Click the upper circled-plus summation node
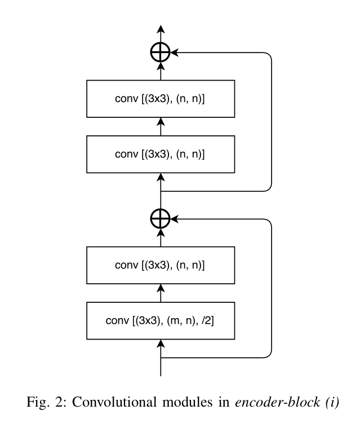tap(161, 53)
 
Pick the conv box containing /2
tap(161, 321)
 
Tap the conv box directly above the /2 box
tap(161, 265)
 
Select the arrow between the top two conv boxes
tap(161, 128)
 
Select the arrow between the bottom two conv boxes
tap(161, 293)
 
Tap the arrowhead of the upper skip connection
tap(174, 53)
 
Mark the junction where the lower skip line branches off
tap(161, 357)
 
